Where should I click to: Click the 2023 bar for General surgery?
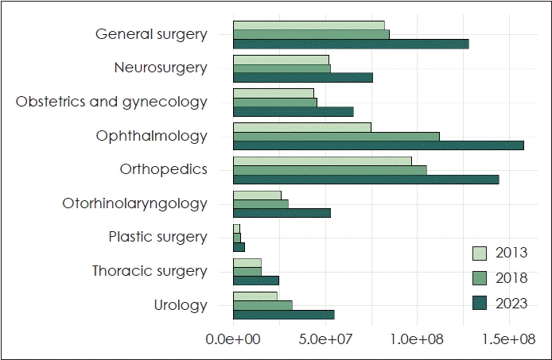[351, 44]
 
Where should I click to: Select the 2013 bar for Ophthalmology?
[302, 127]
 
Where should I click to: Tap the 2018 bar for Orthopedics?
[330, 170]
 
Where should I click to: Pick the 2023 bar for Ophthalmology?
[379, 145]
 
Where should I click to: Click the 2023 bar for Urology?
[284, 315]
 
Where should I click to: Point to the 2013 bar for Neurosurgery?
[281, 60]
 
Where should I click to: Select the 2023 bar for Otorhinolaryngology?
[282, 213]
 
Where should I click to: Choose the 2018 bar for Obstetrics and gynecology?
[275, 103]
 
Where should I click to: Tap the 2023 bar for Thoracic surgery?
[256, 281]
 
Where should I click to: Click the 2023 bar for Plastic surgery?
[239, 246]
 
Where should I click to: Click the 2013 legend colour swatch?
[480, 253]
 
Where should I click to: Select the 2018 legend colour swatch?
[480, 277]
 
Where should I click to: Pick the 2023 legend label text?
[511, 303]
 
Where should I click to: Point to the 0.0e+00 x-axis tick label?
[233, 340]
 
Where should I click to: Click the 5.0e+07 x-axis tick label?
[325, 340]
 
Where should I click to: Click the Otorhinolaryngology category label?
[134, 203]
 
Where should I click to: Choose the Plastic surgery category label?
[157, 238]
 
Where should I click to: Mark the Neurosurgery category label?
[161, 68]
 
